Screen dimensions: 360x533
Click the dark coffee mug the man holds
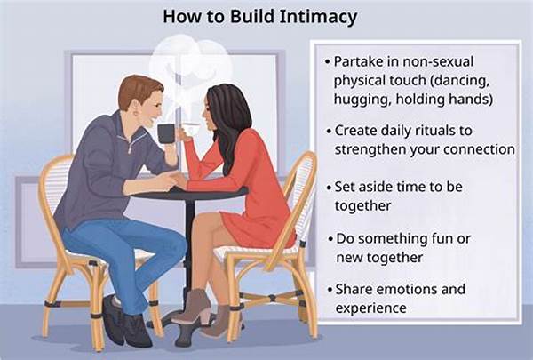(x=166, y=133)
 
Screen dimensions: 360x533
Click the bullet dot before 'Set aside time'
(x=328, y=188)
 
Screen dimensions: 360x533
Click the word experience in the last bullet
(x=370, y=308)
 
